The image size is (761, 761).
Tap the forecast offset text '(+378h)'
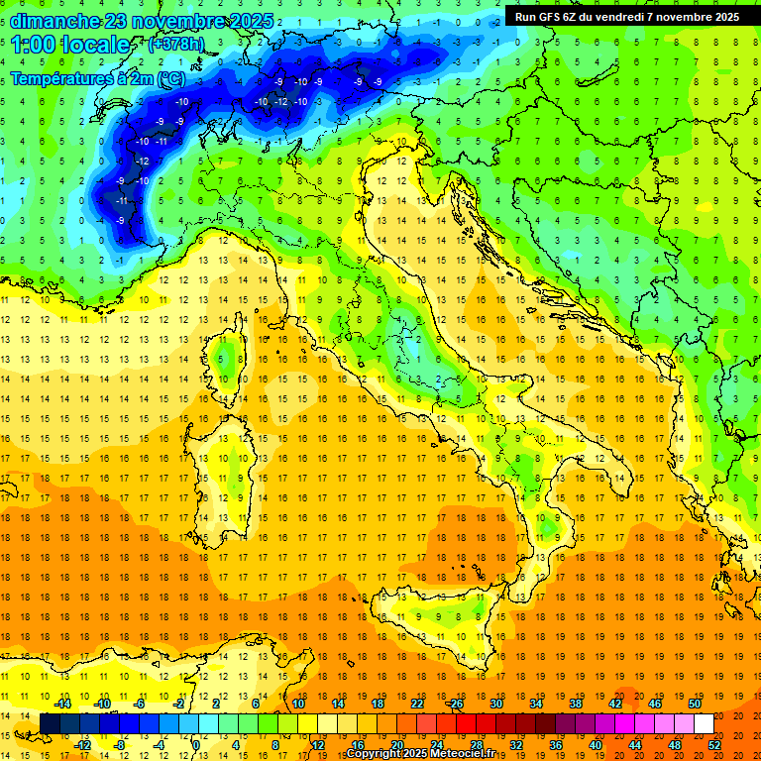pos(178,45)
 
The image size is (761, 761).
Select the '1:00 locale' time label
pos(70,45)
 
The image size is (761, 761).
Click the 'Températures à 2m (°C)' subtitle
pos(97,77)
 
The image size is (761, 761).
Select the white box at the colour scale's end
pos(704,723)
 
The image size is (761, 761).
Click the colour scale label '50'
pos(694,704)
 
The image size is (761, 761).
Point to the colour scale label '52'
pos(713,744)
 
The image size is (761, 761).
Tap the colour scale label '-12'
pos(82,744)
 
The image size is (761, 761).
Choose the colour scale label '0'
pos(196,744)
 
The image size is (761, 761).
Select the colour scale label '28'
pos(477,744)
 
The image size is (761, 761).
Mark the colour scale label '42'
pos(615,704)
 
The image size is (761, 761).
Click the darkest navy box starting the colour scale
pos(50,723)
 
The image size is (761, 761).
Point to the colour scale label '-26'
pos(455,704)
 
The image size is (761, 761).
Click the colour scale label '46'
pos(655,704)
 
